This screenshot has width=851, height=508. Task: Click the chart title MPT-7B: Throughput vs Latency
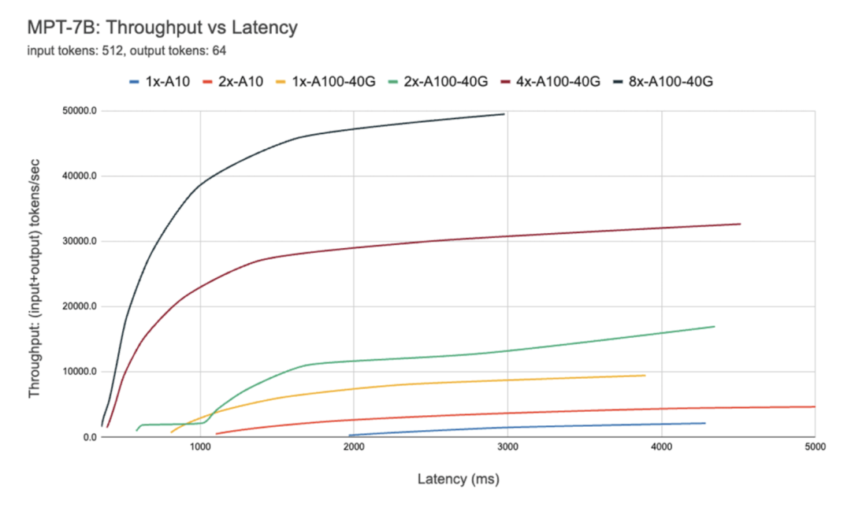point(162,28)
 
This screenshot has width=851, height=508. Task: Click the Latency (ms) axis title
point(458,478)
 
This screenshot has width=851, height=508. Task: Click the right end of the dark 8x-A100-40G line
point(504,114)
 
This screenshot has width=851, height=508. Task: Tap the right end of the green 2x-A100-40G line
point(714,326)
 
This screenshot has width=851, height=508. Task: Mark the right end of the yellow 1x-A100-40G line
point(645,375)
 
